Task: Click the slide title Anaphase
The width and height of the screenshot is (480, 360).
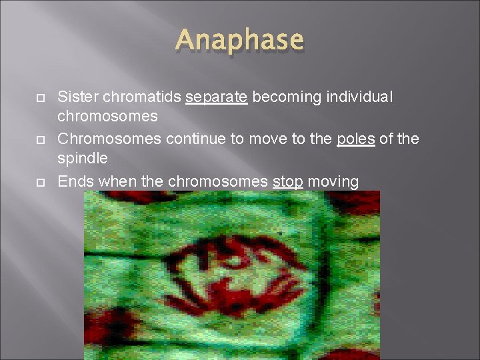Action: (240, 41)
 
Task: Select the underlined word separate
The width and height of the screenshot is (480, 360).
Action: (217, 97)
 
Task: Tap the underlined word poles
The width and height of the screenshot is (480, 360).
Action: (355, 139)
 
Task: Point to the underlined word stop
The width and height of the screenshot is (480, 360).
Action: (288, 181)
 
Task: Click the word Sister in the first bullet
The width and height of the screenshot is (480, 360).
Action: (77, 97)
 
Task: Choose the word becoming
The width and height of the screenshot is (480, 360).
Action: (281, 97)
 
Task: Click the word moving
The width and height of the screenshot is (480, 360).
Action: (333, 181)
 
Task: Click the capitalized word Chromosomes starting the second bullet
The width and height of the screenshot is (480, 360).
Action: (108, 139)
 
